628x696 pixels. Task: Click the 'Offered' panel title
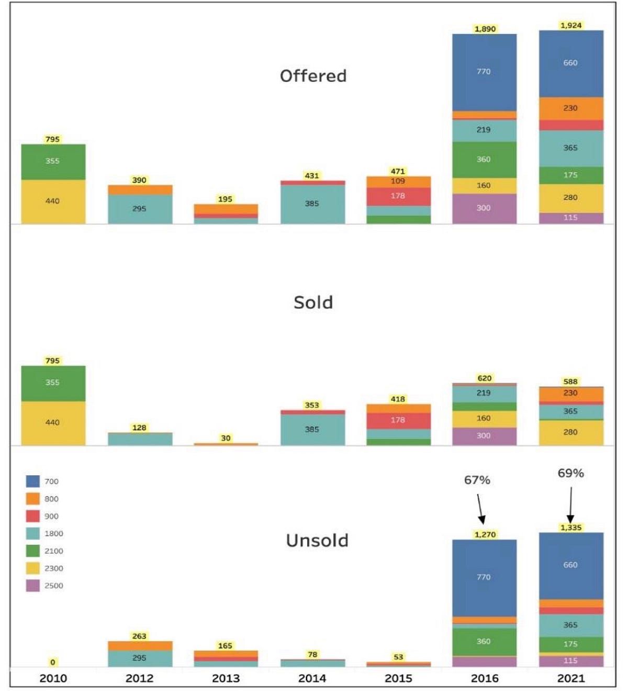pyautogui.click(x=313, y=76)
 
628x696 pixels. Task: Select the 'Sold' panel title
pyautogui.click(x=313, y=302)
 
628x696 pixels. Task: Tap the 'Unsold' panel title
pyautogui.click(x=317, y=540)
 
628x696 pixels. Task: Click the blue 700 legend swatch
pyautogui.click(x=33, y=481)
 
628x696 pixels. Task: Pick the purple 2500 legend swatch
pyautogui.click(x=33, y=586)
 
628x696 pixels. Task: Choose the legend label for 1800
pyautogui.click(x=53, y=534)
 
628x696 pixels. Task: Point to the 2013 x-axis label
pyautogui.click(x=226, y=678)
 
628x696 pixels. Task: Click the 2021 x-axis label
pyautogui.click(x=571, y=678)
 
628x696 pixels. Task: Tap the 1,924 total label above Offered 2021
pyautogui.click(x=571, y=25)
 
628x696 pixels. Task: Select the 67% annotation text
pyautogui.click(x=477, y=480)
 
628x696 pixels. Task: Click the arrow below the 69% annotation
pyautogui.click(x=570, y=505)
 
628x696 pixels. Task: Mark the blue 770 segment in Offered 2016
pyautogui.click(x=484, y=72)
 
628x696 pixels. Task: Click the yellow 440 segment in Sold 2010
pyautogui.click(x=53, y=423)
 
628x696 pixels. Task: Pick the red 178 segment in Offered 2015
pyautogui.click(x=398, y=196)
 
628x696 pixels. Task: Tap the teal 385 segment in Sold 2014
pyautogui.click(x=312, y=430)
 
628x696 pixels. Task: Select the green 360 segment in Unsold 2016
pyautogui.click(x=484, y=642)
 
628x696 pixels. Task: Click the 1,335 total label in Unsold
pyautogui.click(x=571, y=527)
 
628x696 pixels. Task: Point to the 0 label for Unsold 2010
pyautogui.click(x=52, y=663)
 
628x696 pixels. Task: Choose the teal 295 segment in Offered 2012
pyautogui.click(x=140, y=209)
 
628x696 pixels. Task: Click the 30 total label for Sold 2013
pyautogui.click(x=226, y=438)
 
